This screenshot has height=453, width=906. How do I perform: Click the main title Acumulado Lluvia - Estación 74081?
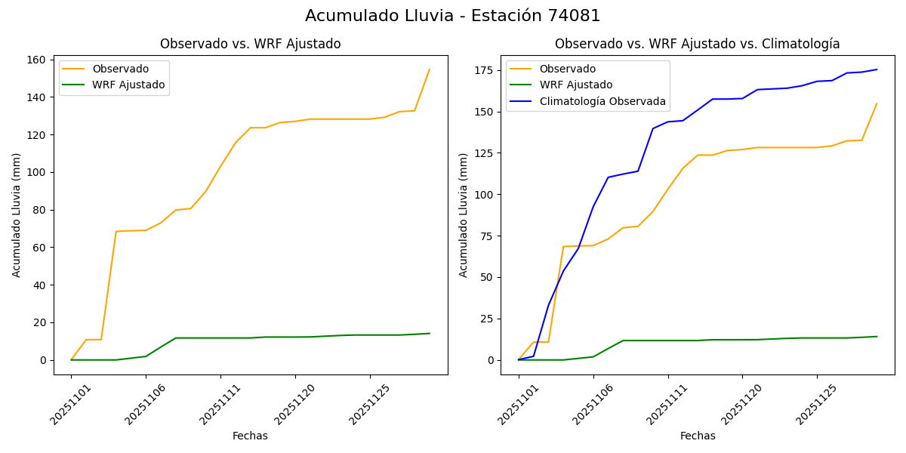coord(453,16)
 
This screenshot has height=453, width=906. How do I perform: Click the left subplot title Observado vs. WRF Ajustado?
coord(250,44)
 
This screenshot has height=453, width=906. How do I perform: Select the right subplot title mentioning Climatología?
coord(697,44)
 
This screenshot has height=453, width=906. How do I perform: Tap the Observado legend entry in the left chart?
coord(120,69)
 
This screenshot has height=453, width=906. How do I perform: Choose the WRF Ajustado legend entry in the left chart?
coord(128,85)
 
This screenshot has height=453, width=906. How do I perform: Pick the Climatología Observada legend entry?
coord(602,101)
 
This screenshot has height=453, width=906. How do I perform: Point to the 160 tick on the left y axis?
coord(37,60)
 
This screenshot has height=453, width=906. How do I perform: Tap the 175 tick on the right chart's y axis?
coord(484,70)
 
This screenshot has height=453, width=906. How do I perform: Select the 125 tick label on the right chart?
coord(484,153)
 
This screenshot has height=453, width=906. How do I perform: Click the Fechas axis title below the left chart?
coord(250,436)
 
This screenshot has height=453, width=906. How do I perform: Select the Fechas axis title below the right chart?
coord(698,436)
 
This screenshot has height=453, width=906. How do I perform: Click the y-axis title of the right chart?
coord(464,215)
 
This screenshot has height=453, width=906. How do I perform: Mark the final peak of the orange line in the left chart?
coord(430,69)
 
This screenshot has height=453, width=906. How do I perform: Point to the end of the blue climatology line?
coord(877,69)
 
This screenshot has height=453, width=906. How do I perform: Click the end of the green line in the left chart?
coord(430,333)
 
